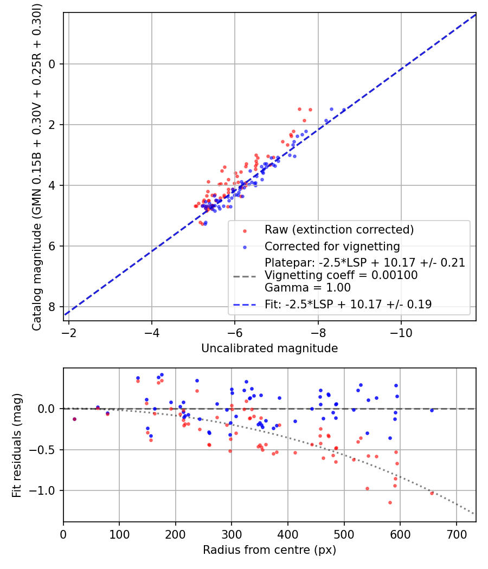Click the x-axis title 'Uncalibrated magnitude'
pyautogui.click(x=269, y=348)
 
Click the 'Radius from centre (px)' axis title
pyautogui.click(x=269, y=550)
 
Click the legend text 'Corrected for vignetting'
pyautogui.click(x=332, y=247)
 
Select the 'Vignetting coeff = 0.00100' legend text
pyautogui.click(x=341, y=275)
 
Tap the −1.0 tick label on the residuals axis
pyautogui.click(x=48, y=491)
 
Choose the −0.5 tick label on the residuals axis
pyautogui.click(x=48, y=450)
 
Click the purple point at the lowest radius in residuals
pyautogui.click(x=74, y=419)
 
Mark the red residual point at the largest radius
pyautogui.click(x=432, y=493)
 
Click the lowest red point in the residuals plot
pyautogui.click(x=390, y=502)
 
